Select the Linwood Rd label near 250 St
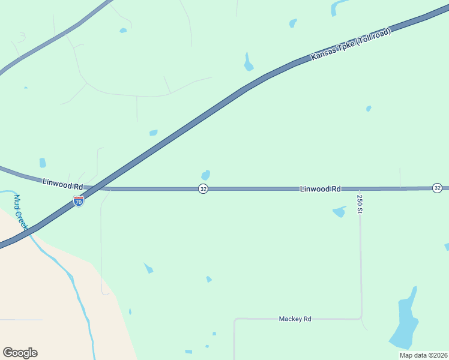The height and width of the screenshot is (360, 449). coord(321,188)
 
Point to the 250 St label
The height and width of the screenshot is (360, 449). coord(360,204)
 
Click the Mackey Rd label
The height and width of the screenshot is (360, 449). coord(295,319)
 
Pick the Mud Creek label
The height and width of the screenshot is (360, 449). coord(21,212)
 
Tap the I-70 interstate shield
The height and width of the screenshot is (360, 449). coord(79,202)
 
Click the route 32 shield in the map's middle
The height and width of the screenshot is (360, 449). coord(203,189)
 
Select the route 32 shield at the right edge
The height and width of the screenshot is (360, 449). coord(437,188)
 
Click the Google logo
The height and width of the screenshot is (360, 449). coord(20,353)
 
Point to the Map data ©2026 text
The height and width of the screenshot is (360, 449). coord(423,355)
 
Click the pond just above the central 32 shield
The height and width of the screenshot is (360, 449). coord(206,175)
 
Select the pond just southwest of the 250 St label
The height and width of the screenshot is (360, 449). coord(339,211)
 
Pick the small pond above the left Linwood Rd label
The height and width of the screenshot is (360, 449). coord(43,163)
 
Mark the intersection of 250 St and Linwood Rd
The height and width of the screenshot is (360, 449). coord(360,188)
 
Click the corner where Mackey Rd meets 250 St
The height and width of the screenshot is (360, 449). coord(361,318)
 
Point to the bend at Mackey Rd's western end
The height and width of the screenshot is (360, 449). coord(235,320)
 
